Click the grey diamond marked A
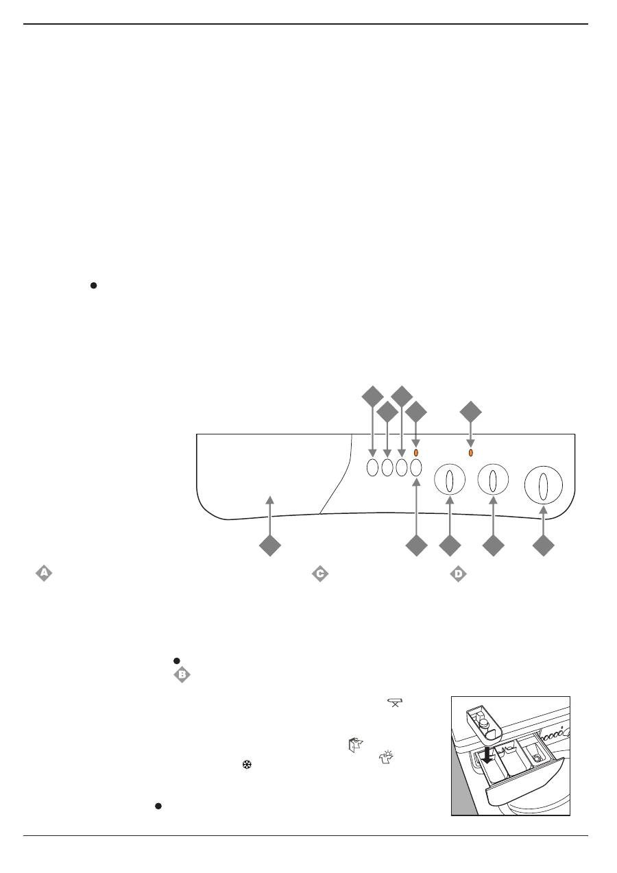[44, 574]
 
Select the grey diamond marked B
[182, 676]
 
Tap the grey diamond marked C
[319, 574]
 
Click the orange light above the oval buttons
[416, 453]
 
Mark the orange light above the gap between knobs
[470, 453]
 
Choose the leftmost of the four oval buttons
[372, 468]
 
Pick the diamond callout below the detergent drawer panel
[269, 546]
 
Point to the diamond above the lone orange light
[470, 413]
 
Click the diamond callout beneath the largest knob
[544, 546]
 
